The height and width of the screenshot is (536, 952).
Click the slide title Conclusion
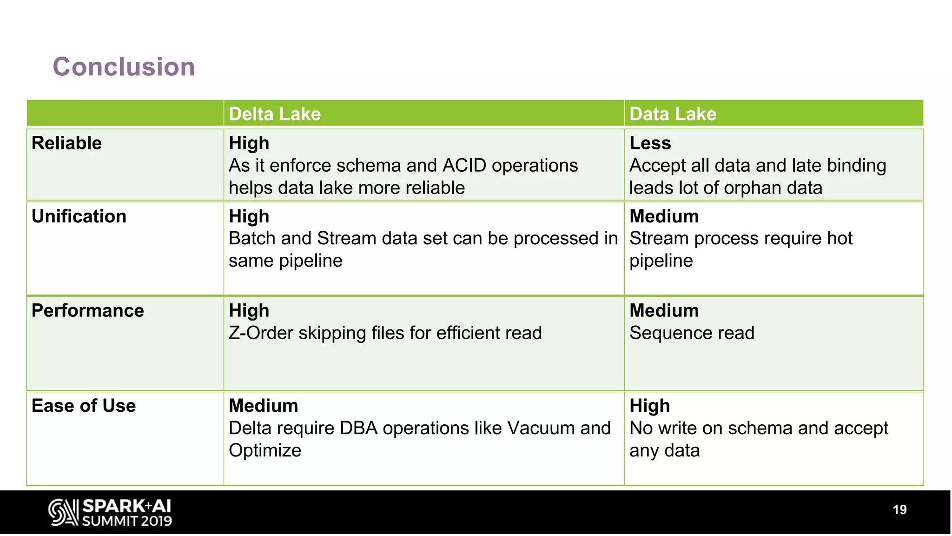pyautogui.click(x=124, y=67)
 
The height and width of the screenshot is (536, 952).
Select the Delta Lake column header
pyautogui.click(x=275, y=114)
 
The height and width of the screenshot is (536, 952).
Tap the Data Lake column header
pyautogui.click(x=673, y=114)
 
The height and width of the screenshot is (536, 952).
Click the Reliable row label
pyautogui.click(x=66, y=143)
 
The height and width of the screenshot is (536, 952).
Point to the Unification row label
pyautogui.click(x=79, y=216)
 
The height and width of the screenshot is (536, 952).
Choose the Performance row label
pyautogui.click(x=88, y=310)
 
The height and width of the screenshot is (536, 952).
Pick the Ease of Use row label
pyautogui.click(x=84, y=406)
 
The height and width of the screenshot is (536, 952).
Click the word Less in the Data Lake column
pyautogui.click(x=650, y=143)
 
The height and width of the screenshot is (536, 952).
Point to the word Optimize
pyautogui.click(x=265, y=450)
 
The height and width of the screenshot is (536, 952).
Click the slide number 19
pyautogui.click(x=899, y=510)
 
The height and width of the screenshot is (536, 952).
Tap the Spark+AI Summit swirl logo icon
pyautogui.click(x=63, y=512)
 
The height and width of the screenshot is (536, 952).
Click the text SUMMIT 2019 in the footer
pyautogui.click(x=127, y=521)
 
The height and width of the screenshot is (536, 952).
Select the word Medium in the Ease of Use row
pyautogui.click(x=263, y=406)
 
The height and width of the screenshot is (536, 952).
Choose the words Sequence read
pyautogui.click(x=692, y=333)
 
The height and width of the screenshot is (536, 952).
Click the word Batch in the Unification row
pyautogui.click(x=252, y=238)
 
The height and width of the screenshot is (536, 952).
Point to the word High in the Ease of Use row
pyautogui.click(x=649, y=406)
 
